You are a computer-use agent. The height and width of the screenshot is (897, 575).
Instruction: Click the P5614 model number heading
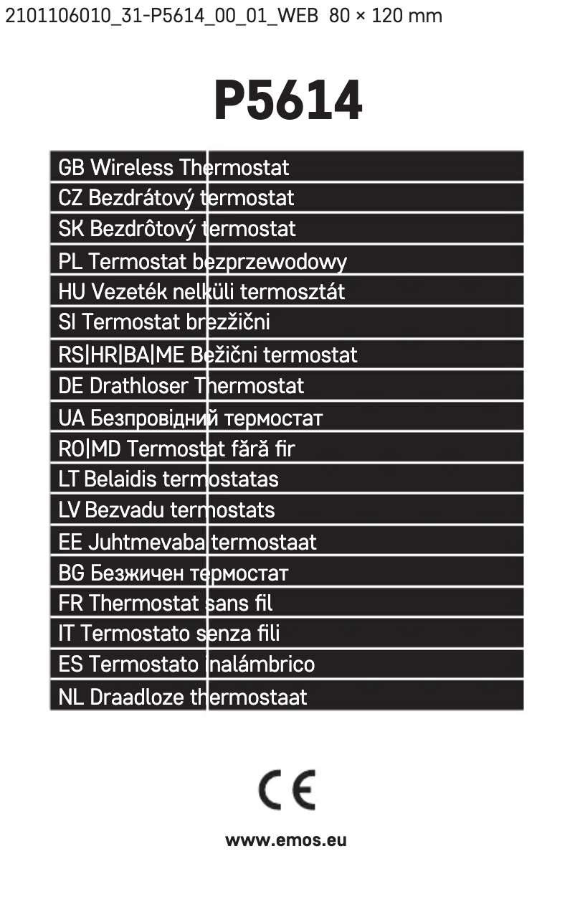[287, 102]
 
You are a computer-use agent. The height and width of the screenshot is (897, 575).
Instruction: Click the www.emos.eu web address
[286, 840]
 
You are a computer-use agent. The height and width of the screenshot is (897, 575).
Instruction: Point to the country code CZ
[70, 198]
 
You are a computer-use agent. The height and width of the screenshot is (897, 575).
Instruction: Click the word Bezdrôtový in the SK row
[143, 229]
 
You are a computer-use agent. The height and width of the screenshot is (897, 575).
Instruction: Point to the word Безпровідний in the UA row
[155, 418]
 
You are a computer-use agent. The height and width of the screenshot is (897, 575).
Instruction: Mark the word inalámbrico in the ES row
[260, 664]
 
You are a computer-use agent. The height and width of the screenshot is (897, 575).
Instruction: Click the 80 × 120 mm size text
[386, 15]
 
